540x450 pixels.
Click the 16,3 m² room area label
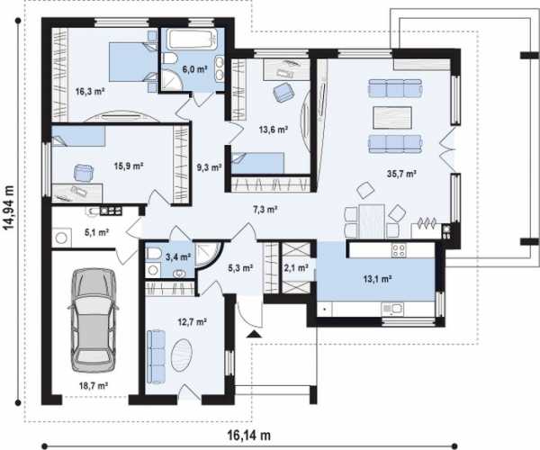[90, 92]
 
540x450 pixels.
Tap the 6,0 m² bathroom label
[194, 69]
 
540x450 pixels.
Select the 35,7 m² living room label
[401, 174]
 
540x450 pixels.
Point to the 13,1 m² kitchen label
[378, 278]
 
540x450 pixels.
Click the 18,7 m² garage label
[94, 385]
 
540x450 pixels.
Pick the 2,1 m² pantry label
[295, 268]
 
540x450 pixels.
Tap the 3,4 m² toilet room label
[178, 256]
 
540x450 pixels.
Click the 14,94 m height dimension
[9, 208]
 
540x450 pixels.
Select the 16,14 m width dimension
[249, 436]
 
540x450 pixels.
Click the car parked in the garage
[94, 319]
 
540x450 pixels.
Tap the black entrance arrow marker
[255, 334]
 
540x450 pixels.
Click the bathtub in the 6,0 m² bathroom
[193, 39]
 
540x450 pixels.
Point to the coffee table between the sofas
[392, 118]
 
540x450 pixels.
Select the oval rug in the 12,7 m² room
[182, 355]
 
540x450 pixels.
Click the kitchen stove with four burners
[399, 250]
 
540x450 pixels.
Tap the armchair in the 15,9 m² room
[84, 172]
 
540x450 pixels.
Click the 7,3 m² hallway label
[265, 210]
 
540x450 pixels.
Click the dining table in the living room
[372, 221]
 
